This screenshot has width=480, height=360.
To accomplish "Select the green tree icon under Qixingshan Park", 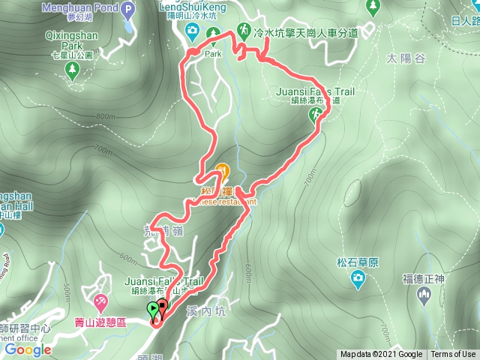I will (73, 71).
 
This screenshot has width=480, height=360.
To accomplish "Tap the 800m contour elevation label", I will (106, 116).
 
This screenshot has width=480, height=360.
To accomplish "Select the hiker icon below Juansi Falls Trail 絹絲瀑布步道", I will (316, 115).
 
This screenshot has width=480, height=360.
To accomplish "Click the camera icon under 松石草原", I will (358, 279).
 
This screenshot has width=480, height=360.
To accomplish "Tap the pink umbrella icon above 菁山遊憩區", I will (100, 302).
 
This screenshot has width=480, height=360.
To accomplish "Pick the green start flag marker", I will (153, 309).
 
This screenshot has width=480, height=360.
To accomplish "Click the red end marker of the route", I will (163, 307).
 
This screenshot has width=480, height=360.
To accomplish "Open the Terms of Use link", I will (453, 355).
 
